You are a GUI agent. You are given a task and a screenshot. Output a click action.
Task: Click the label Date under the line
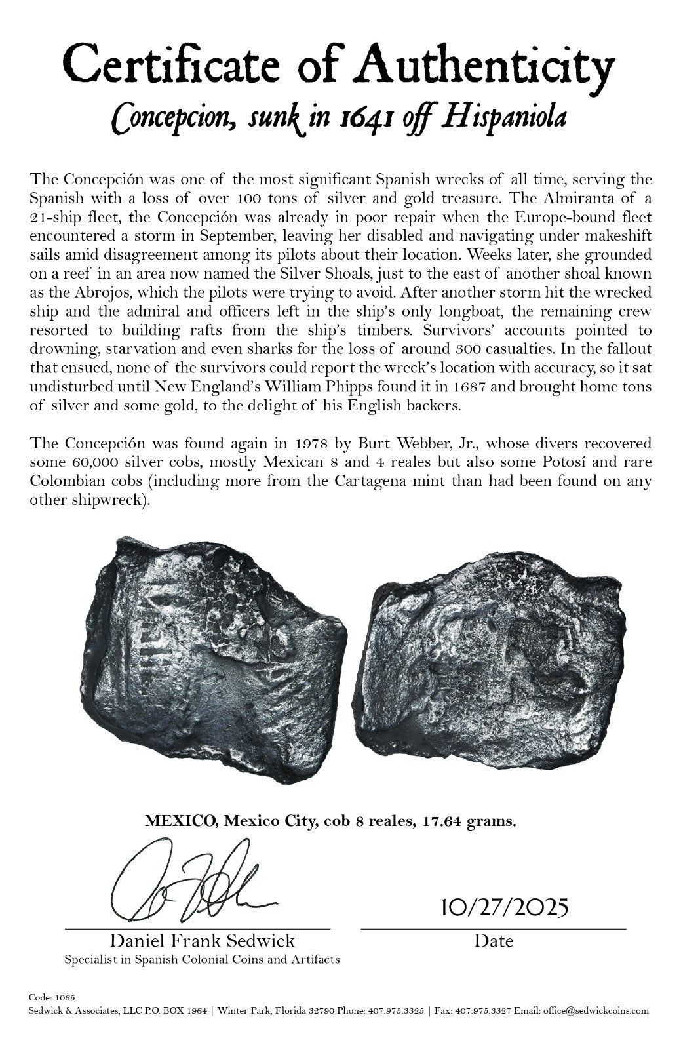(494, 941)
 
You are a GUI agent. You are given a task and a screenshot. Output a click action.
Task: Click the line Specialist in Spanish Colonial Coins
(202, 960)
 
